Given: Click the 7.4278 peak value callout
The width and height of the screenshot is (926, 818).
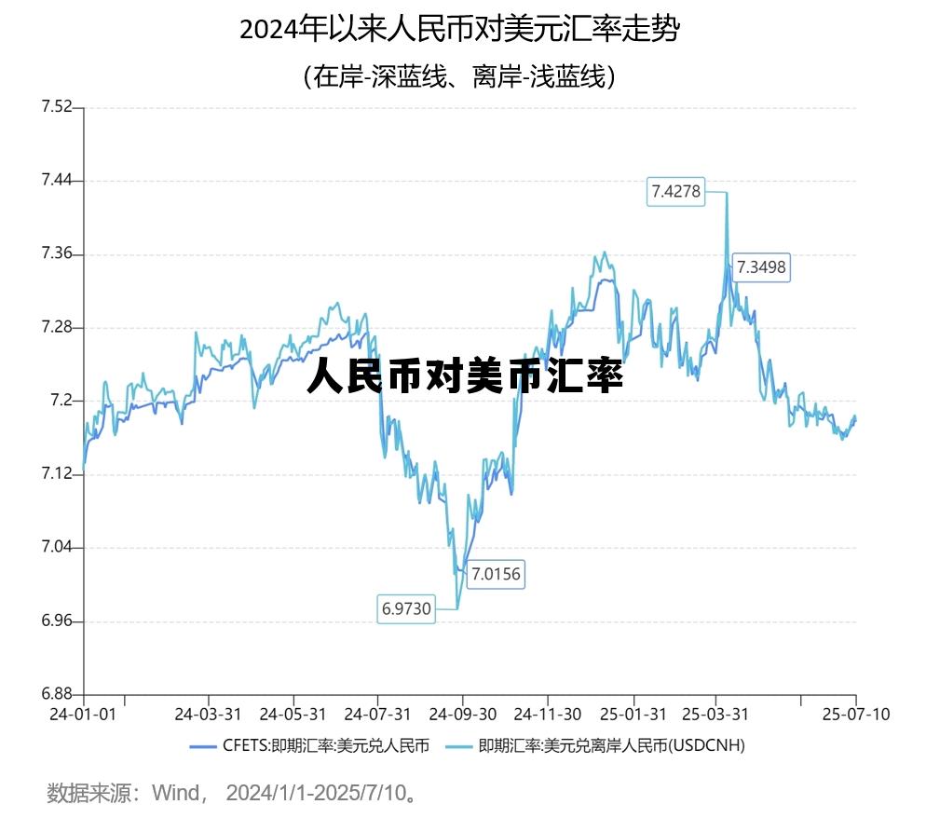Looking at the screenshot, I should point(676,192).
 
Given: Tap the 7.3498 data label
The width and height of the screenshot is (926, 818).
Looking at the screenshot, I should point(761,267).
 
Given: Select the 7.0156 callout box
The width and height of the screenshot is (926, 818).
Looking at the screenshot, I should point(495,573).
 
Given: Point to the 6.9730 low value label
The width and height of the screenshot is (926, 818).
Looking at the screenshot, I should point(406,609).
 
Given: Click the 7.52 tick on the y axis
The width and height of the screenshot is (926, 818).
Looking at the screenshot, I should point(56,107).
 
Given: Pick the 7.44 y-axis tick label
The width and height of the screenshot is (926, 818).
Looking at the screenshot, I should point(56,181).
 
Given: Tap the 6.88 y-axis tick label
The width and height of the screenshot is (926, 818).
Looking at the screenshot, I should point(56,694).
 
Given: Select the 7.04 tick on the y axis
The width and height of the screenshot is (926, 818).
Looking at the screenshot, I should point(56,548).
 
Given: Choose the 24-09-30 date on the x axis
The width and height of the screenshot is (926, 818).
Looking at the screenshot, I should point(462,715).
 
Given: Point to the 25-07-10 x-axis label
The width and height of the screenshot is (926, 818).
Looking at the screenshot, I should point(856,715).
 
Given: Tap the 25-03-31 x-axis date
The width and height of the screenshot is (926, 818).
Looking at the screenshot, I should point(715,715).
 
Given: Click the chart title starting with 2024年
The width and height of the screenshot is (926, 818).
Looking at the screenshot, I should point(460,30).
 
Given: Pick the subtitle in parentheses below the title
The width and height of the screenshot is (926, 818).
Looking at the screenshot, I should point(459,75).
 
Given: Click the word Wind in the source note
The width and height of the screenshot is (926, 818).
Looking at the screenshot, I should point(174,794).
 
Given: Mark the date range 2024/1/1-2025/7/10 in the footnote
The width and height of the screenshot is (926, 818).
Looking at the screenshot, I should point(317,794).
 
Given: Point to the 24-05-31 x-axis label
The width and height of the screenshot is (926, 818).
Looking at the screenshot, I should point(293,715).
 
